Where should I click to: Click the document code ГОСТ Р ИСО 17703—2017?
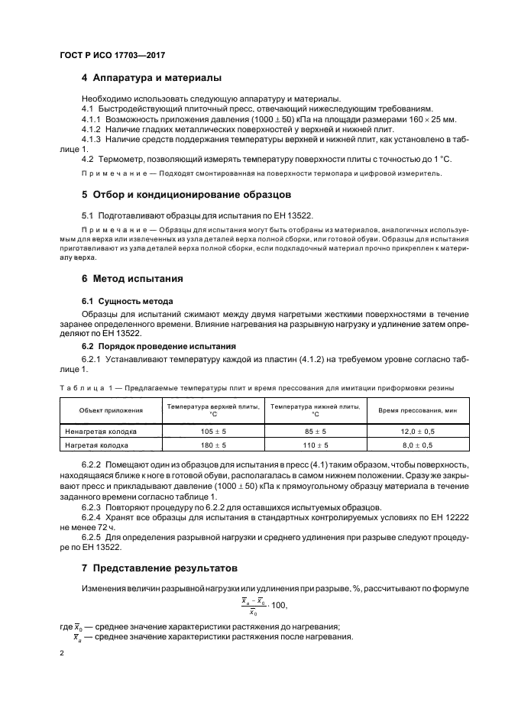[112, 56]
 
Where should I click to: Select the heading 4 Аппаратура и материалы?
[151, 79]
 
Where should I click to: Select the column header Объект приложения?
[111, 410]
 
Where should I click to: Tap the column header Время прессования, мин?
[417, 410]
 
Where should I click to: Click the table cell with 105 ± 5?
[213, 431]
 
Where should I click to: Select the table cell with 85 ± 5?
[315, 431]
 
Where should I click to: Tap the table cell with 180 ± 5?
[213, 445]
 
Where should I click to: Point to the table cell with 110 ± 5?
[315, 445]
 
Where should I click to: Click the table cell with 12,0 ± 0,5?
[417, 431]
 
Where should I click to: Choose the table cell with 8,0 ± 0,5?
[417, 445]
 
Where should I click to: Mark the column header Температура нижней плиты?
[315, 410]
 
